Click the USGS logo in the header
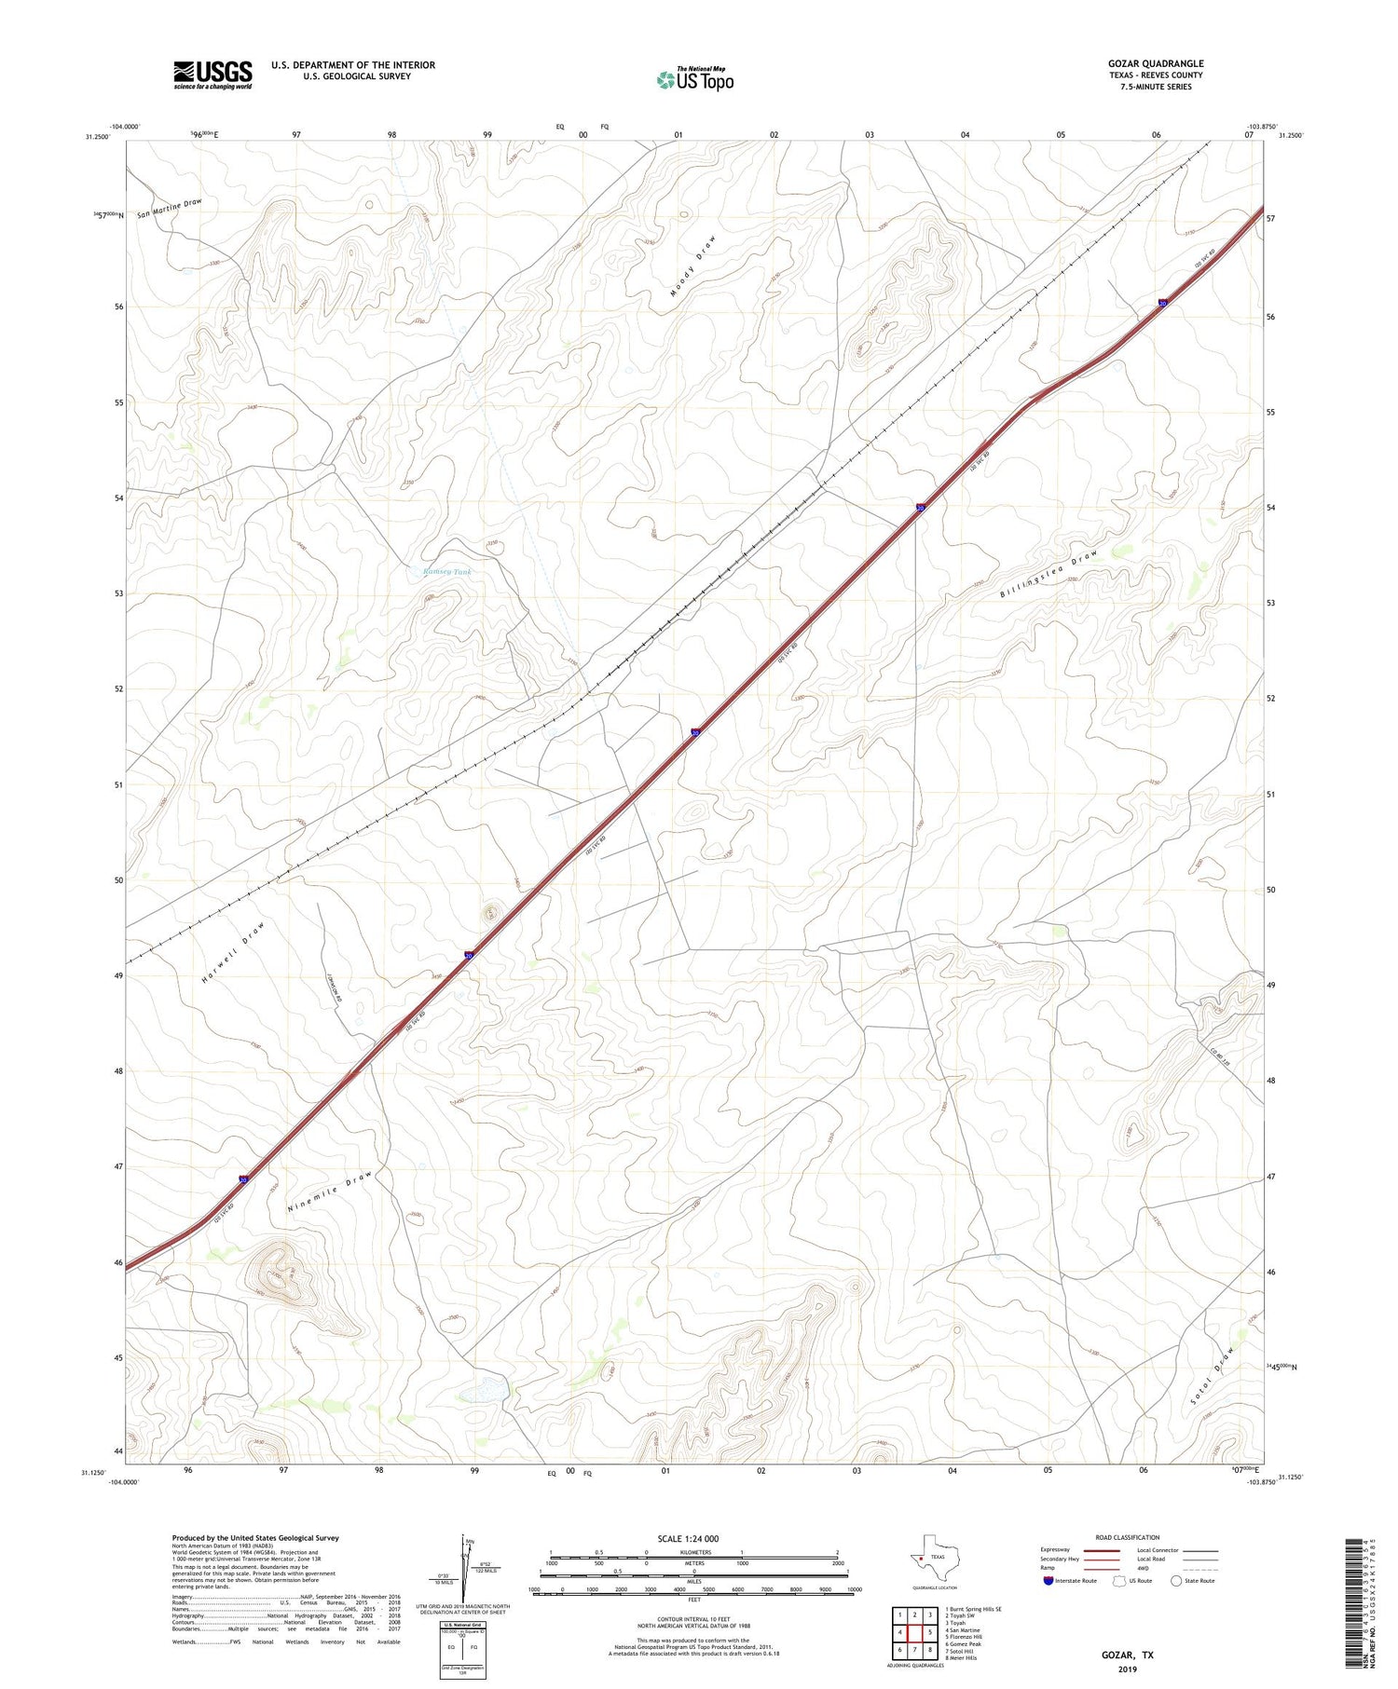(x=212, y=75)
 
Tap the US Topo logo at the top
(x=695, y=80)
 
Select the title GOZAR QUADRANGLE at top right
(x=1155, y=63)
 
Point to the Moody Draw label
(x=693, y=266)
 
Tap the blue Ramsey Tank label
(x=447, y=572)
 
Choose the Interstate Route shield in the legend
(x=1050, y=1581)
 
